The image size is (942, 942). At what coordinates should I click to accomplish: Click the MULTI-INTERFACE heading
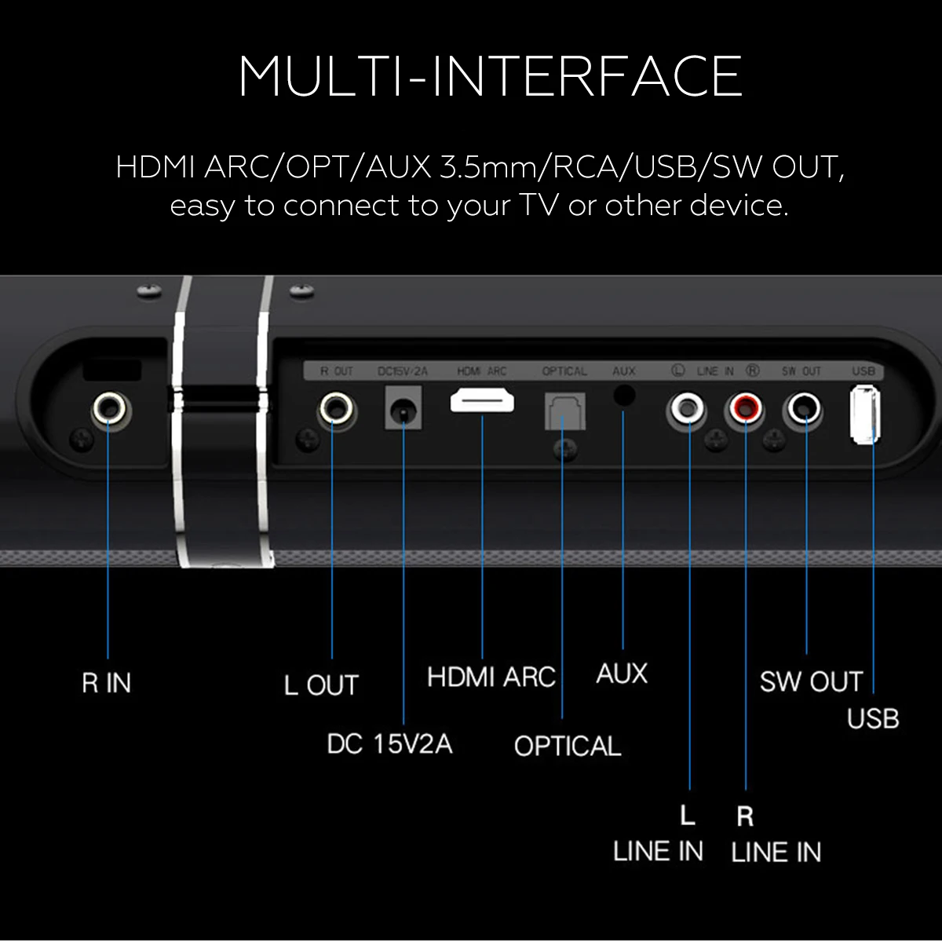pyautogui.click(x=491, y=76)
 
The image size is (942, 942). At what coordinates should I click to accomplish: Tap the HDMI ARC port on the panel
pyautogui.click(x=482, y=402)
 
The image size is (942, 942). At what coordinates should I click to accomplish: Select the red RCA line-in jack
pyautogui.click(x=745, y=408)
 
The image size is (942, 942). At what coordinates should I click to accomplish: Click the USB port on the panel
pyautogui.click(x=864, y=413)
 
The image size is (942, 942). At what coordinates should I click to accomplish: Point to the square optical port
pyautogui.click(x=564, y=411)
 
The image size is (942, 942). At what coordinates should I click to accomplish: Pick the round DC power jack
pyautogui.click(x=403, y=410)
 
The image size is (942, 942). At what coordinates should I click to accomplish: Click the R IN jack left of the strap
pyautogui.click(x=110, y=409)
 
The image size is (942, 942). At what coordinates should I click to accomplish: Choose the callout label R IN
pyautogui.click(x=107, y=683)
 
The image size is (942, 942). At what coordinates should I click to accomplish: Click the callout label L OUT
pyautogui.click(x=321, y=685)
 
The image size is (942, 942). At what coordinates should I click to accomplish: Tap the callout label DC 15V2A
pyautogui.click(x=389, y=743)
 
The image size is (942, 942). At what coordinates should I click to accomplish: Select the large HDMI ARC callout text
pyautogui.click(x=491, y=677)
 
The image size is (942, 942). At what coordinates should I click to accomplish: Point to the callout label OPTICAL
pyautogui.click(x=567, y=745)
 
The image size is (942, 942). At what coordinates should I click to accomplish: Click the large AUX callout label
pyautogui.click(x=622, y=674)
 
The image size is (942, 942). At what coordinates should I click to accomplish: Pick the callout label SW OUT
pyautogui.click(x=811, y=681)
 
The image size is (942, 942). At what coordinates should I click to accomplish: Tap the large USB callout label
pyautogui.click(x=873, y=718)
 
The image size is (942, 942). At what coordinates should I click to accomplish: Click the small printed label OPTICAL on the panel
pyautogui.click(x=564, y=371)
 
